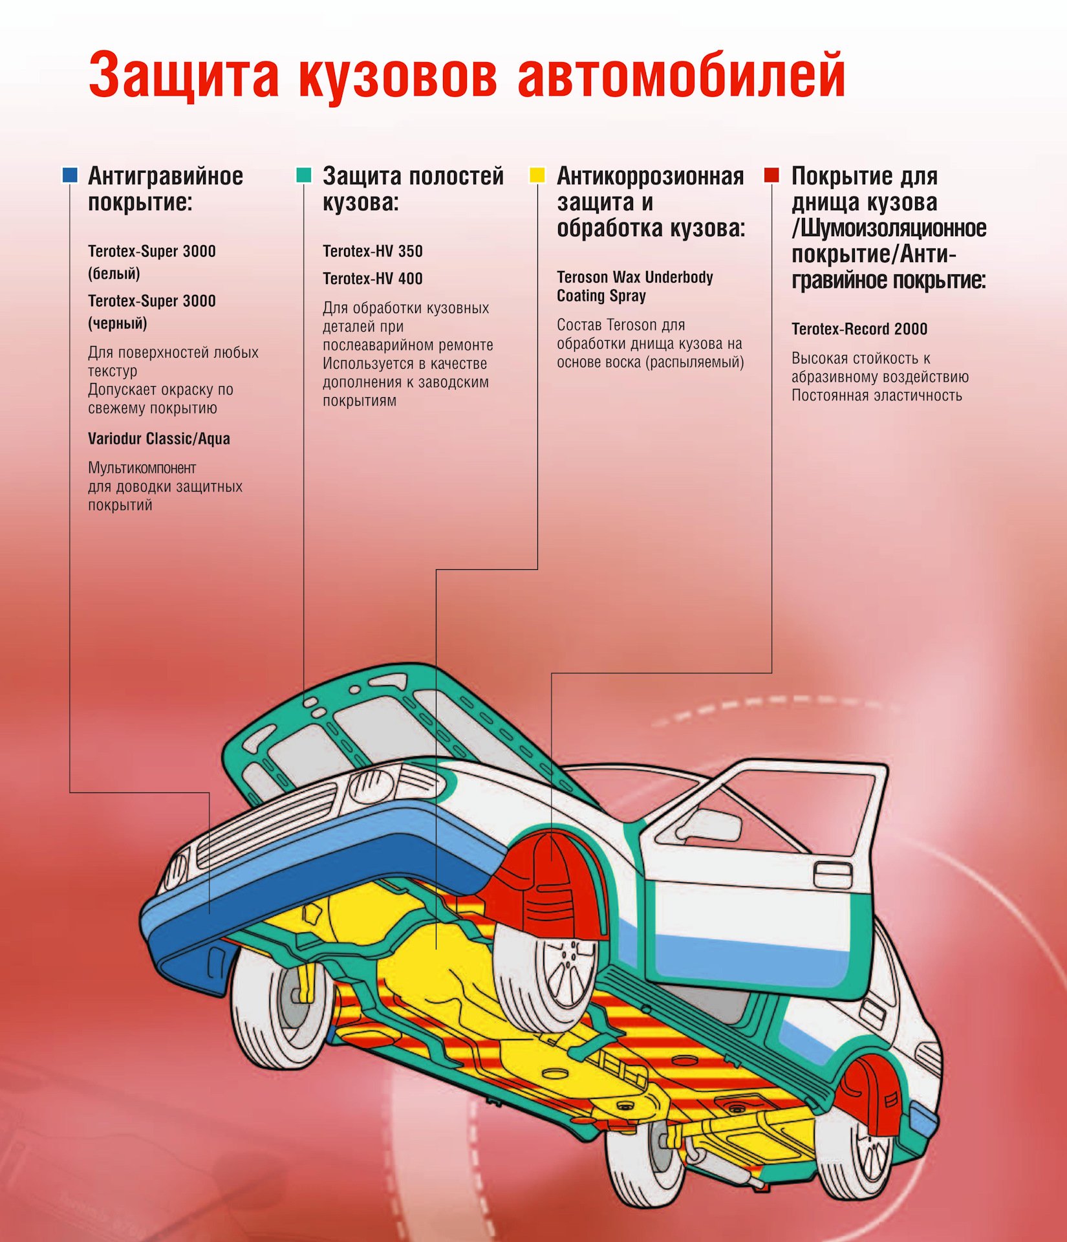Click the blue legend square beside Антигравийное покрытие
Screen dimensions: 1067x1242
70,175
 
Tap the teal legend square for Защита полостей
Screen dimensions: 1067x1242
304,175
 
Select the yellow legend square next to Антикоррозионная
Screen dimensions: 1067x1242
537,175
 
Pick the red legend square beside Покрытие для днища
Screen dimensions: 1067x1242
771,175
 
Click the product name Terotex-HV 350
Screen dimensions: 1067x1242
372,251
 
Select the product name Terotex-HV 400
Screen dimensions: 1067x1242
372,279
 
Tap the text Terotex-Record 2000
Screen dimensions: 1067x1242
859,329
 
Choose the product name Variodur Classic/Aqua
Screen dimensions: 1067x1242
159,439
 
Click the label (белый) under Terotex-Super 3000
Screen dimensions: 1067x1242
114,274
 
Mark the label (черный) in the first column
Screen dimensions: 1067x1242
117,323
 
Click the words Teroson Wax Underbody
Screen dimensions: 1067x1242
635,278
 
